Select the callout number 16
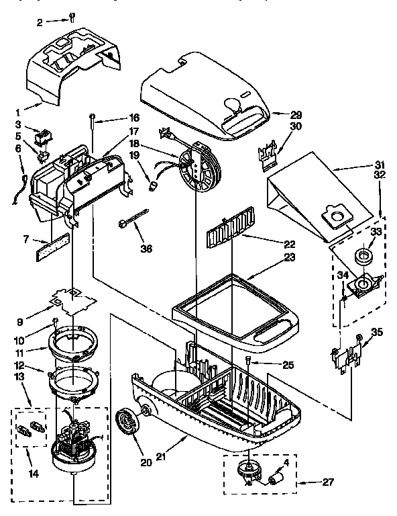click(x=133, y=117)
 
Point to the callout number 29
click(x=296, y=115)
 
